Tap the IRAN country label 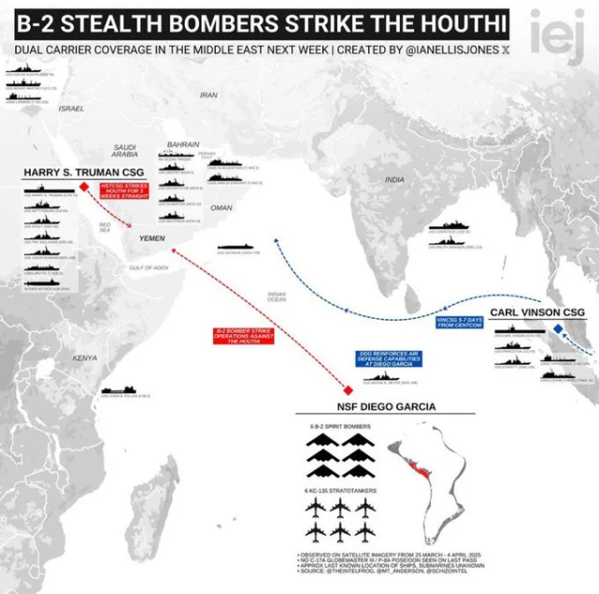pyautogui.click(x=208, y=94)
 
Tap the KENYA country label pyautogui.click(x=85, y=358)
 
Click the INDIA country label pyautogui.click(x=394, y=179)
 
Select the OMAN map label pyautogui.click(x=221, y=208)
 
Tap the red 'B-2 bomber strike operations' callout pyautogui.click(x=242, y=336)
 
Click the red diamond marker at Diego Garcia pyautogui.click(x=347, y=389)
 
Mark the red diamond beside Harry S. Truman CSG pyautogui.click(x=83, y=187)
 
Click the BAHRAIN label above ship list pyautogui.click(x=182, y=144)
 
